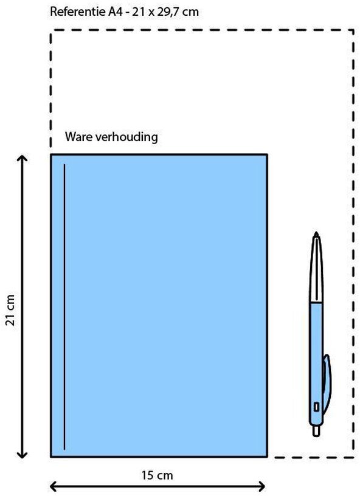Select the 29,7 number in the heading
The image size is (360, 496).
coord(168,12)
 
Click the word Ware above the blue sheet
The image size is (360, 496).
coord(79,137)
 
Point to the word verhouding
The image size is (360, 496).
coord(126,137)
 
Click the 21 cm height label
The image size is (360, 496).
coord(10,309)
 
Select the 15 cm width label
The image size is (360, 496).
coord(157,475)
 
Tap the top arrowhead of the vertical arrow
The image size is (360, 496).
coord(22,158)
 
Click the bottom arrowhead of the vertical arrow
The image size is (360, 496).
coord(22,455)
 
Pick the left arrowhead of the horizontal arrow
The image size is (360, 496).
coord(54,486)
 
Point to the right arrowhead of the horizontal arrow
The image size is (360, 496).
coord(262,486)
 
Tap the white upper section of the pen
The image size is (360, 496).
coord(316,270)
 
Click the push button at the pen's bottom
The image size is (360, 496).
coord(316,430)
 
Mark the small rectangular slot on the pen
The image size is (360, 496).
coord(316,407)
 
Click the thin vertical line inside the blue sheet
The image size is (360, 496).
coord(64,306)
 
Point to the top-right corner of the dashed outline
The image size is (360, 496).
coord(353,30)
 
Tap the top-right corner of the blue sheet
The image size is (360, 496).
coord(267,154)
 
